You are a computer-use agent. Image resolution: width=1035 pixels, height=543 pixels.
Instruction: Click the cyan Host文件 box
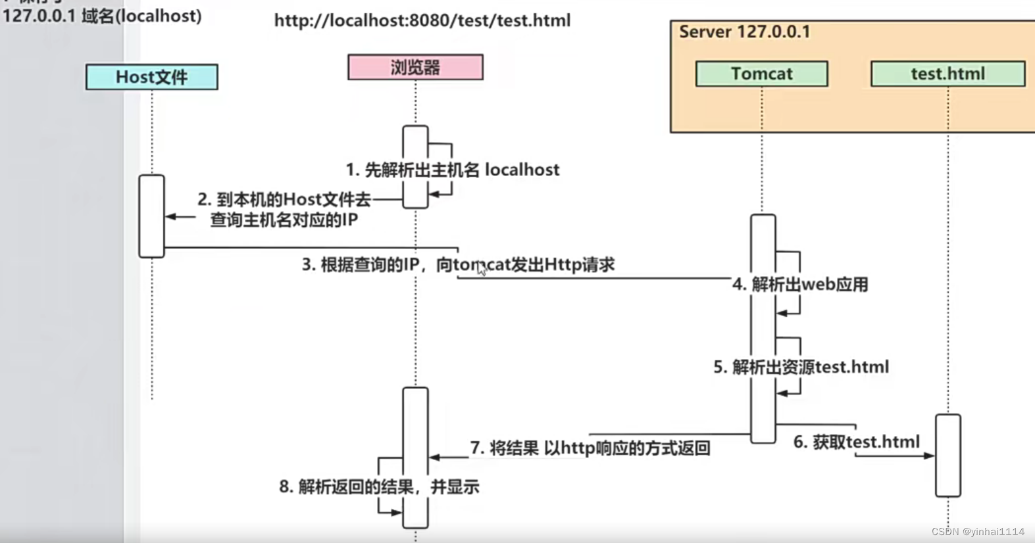tap(151, 77)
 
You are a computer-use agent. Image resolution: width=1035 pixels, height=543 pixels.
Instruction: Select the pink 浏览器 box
tap(415, 67)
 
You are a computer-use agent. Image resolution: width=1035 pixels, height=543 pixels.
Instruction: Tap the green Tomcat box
tap(761, 74)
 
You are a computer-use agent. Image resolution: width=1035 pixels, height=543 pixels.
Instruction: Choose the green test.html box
tap(947, 74)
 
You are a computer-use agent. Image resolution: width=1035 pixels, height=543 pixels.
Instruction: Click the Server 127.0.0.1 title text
tap(744, 32)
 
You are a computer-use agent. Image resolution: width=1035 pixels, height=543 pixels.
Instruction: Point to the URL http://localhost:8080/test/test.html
tap(422, 20)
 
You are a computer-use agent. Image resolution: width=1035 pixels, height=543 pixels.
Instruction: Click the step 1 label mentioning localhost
tap(453, 170)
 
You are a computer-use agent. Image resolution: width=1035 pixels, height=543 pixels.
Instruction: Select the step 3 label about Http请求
tap(458, 264)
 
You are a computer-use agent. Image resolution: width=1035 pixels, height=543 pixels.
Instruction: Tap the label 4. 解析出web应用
tap(800, 284)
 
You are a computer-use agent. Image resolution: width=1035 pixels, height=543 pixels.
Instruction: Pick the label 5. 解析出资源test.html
tap(801, 367)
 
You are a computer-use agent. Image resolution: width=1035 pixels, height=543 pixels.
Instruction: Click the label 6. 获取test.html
tap(856, 442)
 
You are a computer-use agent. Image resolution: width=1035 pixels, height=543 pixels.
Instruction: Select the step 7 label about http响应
tap(590, 448)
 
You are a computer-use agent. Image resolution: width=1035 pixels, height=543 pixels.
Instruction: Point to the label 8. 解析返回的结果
tap(379, 487)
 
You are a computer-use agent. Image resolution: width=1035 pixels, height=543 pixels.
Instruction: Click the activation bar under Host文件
tap(151, 216)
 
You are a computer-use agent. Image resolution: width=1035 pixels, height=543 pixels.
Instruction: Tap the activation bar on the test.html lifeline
tap(947, 455)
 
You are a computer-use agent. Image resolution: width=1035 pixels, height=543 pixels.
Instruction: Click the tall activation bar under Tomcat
tap(763, 329)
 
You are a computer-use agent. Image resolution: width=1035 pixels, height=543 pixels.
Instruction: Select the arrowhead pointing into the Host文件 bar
tap(170, 216)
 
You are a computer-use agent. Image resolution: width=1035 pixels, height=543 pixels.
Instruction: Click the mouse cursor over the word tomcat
tap(481, 268)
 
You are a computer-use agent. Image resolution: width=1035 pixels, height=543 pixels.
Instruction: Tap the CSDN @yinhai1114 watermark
tap(978, 531)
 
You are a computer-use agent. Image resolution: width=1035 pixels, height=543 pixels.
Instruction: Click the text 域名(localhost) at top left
tap(141, 16)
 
